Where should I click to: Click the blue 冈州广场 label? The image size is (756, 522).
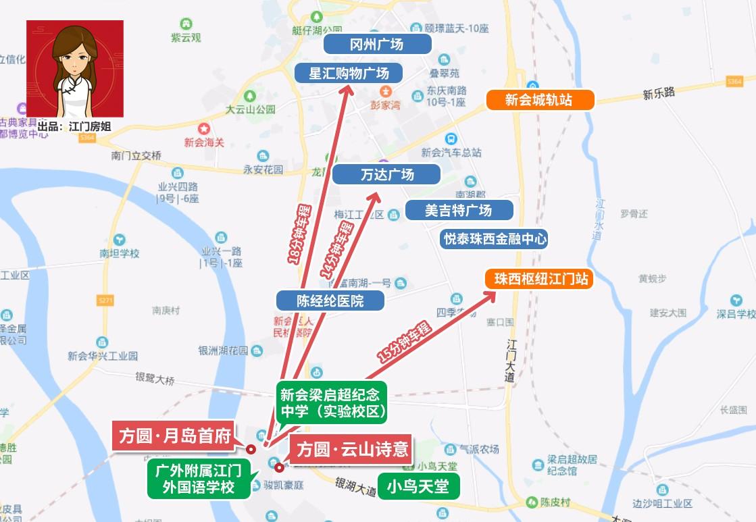tap(377, 45)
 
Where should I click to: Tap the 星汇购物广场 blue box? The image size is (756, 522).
tap(349, 73)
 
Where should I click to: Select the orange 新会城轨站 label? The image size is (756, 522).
tap(540, 100)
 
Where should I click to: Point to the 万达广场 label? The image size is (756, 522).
tap(386, 175)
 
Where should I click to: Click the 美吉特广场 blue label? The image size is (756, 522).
tap(459, 210)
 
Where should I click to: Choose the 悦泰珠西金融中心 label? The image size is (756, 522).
tap(493, 239)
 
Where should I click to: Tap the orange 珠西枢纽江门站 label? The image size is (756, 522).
tap(539, 279)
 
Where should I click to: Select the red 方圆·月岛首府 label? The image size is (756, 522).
tap(175, 434)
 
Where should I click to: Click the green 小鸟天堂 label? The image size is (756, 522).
tap(418, 486)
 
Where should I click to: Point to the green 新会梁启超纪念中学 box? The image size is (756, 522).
tap(329, 400)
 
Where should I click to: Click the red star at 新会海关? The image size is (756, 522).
tap(202, 128)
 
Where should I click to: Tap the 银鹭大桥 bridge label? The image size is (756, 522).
tap(155, 380)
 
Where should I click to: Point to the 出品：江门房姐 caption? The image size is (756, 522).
tap(74, 126)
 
